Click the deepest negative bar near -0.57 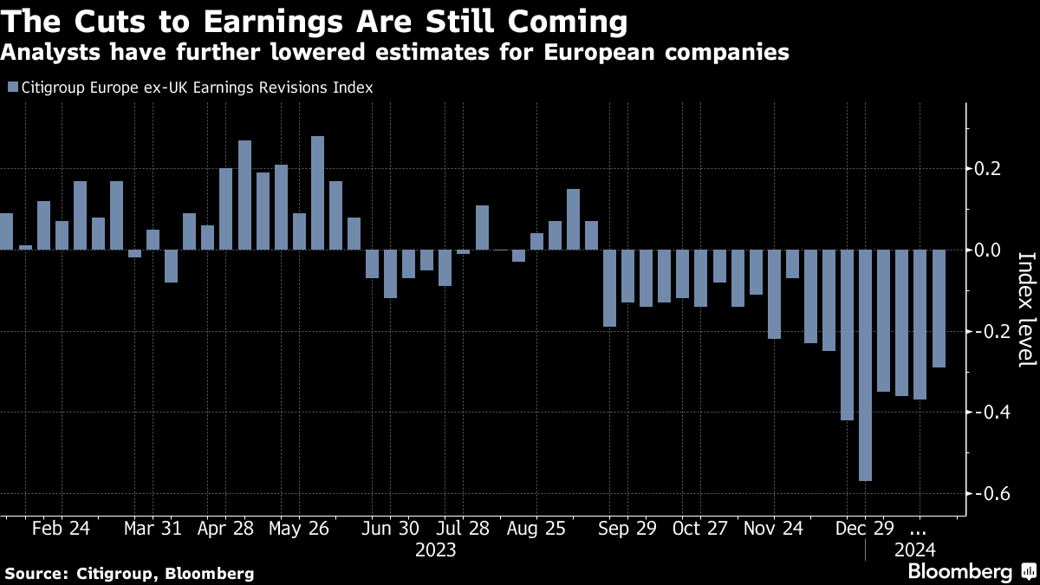tap(865, 365)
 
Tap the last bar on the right tap(938, 308)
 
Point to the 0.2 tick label tap(989, 168)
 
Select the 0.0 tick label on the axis tap(989, 250)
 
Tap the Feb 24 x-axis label tap(62, 529)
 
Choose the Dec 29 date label tap(864, 529)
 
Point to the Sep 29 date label tap(626, 529)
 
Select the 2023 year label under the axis tap(436, 549)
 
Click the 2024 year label tap(914, 549)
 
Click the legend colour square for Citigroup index tap(11, 88)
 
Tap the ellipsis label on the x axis tap(919, 529)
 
